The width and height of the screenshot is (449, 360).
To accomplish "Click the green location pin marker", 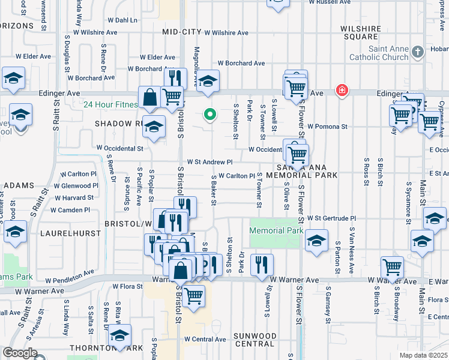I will (x=210, y=113).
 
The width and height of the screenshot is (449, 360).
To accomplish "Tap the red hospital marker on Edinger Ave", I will (x=342, y=91).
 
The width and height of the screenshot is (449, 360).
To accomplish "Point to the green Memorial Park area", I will (x=276, y=235).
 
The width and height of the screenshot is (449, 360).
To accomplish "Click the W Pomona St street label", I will (x=327, y=127).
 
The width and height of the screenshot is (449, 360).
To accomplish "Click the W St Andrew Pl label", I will (x=209, y=161).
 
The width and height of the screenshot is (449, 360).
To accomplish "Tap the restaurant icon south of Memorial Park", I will (x=262, y=263).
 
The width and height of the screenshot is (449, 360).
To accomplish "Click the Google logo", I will (x=20, y=353).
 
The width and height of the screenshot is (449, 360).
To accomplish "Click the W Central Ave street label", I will (x=205, y=339).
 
